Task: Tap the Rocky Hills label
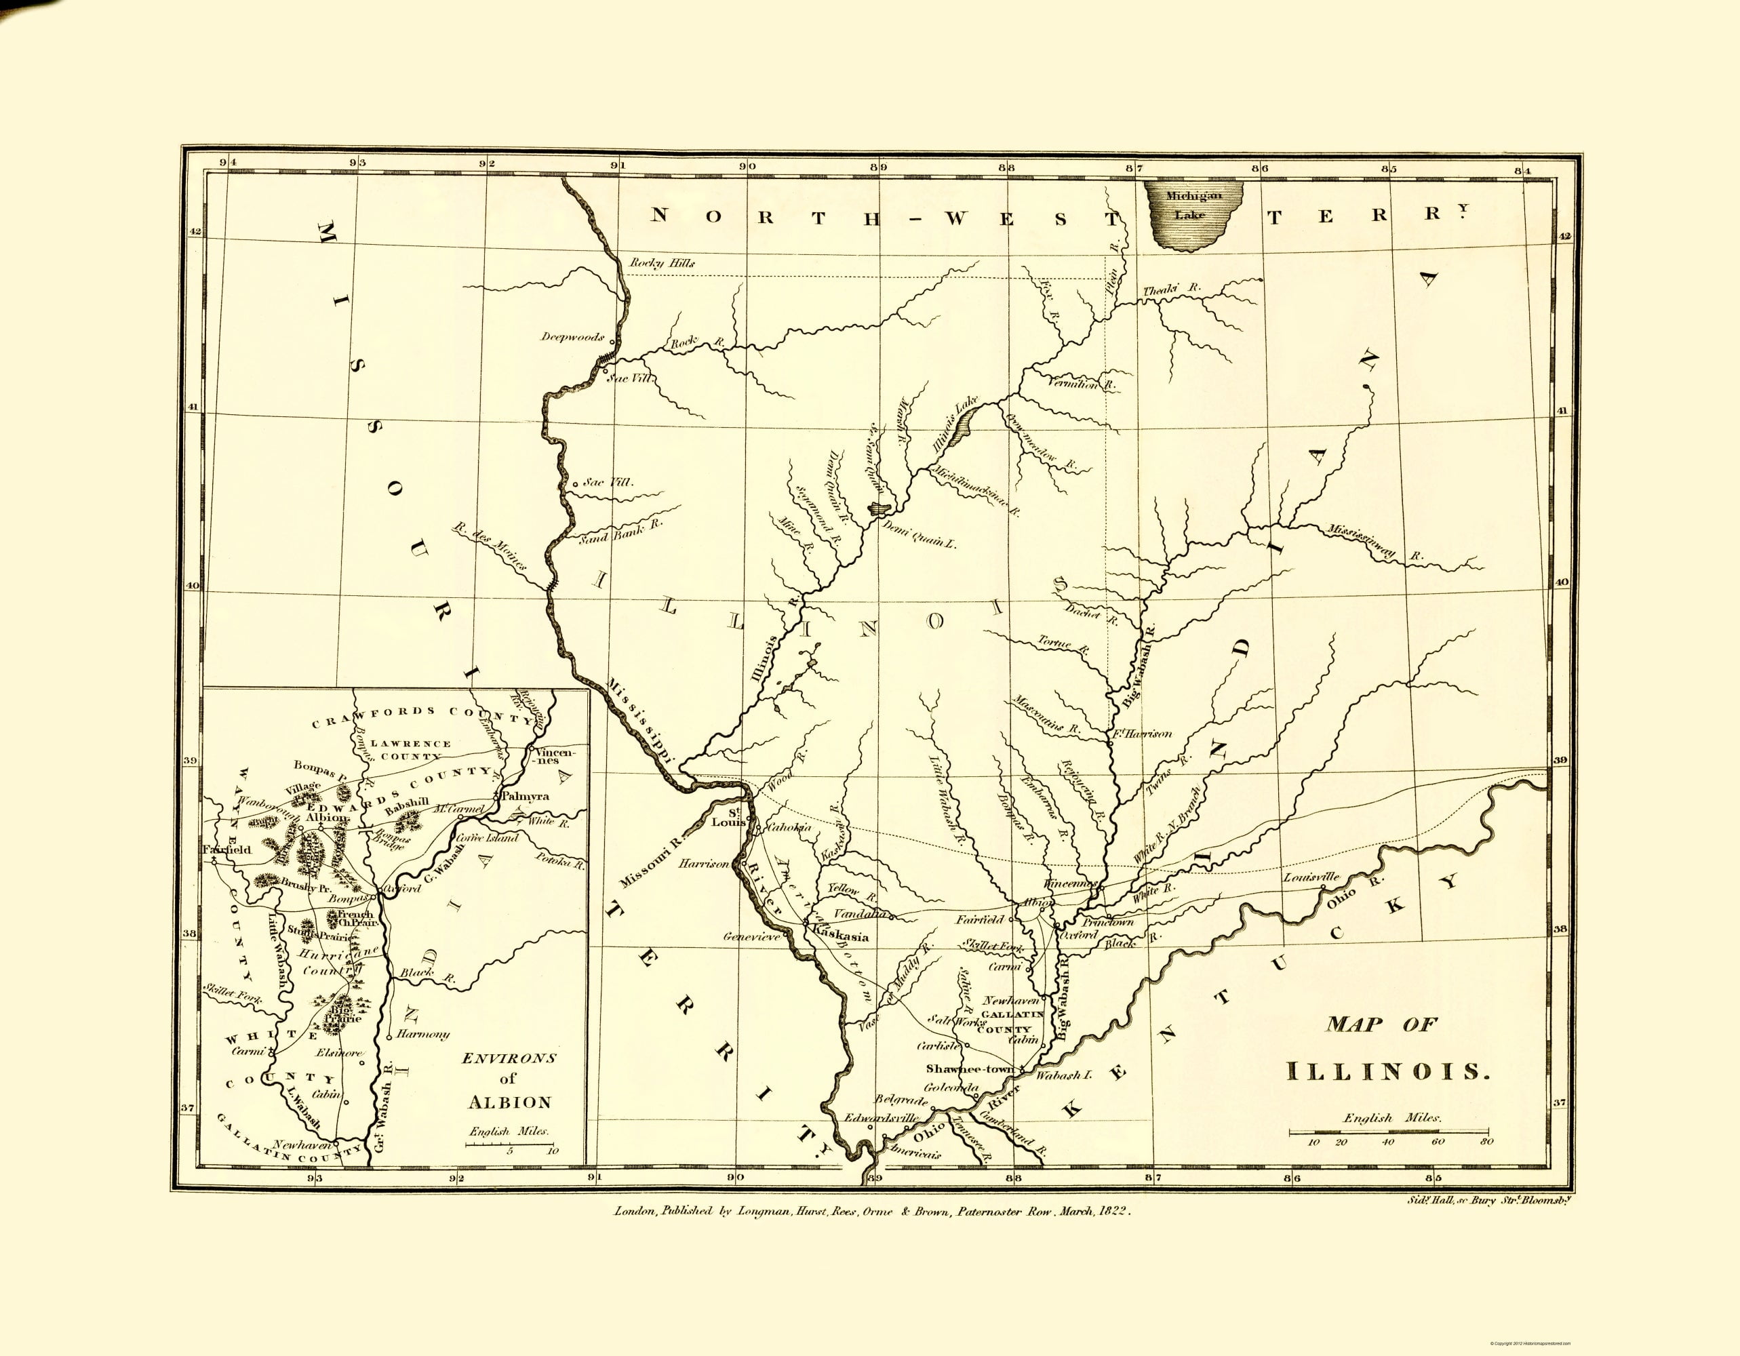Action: [662, 263]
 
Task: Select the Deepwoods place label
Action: [572, 337]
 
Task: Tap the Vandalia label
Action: [860, 914]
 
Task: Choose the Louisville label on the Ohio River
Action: [1311, 877]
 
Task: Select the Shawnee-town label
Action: [970, 1069]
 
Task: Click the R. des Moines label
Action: [489, 547]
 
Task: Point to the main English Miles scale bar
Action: [1389, 1130]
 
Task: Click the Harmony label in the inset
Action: [422, 1034]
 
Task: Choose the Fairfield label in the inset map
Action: [227, 850]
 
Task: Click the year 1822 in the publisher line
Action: [1112, 1211]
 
